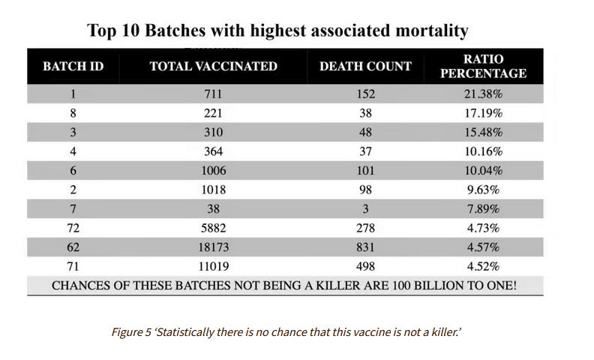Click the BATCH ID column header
[73, 67]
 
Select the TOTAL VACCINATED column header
[213, 67]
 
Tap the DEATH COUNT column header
[365, 67]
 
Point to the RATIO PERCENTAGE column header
[483, 67]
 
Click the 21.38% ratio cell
[483, 94]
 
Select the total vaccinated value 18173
[213, 247]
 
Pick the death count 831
[365, 247]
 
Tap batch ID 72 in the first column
[73, 229]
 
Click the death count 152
[365, 94]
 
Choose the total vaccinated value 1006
[213, 171]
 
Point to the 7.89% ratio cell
[483, 209]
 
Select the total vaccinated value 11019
[213, 266]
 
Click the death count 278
[365, 229]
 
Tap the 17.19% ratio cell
[483, 114]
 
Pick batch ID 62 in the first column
[73, 247]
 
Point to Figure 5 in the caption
[133, 331]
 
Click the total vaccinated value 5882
[213, 229]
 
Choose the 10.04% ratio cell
[483, 171]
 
